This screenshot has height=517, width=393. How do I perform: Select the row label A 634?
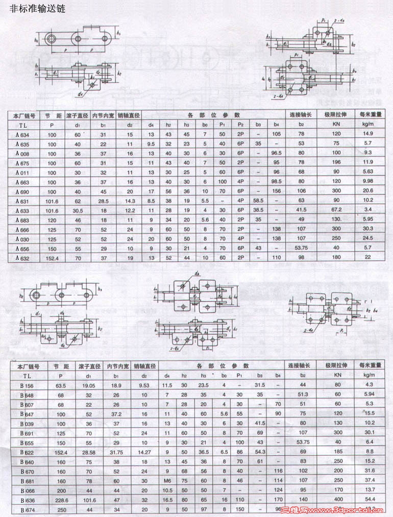coord(22,134)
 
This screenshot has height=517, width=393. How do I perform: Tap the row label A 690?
coord(22,191)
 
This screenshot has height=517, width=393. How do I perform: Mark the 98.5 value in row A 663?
coord(277,182)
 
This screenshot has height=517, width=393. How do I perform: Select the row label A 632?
coord(22,258)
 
